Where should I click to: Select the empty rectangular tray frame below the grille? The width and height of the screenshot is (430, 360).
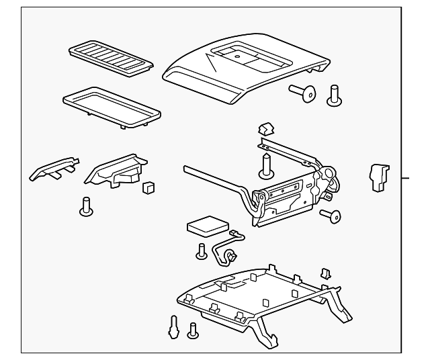point(111,104)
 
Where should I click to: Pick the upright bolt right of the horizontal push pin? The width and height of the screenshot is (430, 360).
point(334,95)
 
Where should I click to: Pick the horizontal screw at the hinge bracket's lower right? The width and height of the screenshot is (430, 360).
point(331,215)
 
